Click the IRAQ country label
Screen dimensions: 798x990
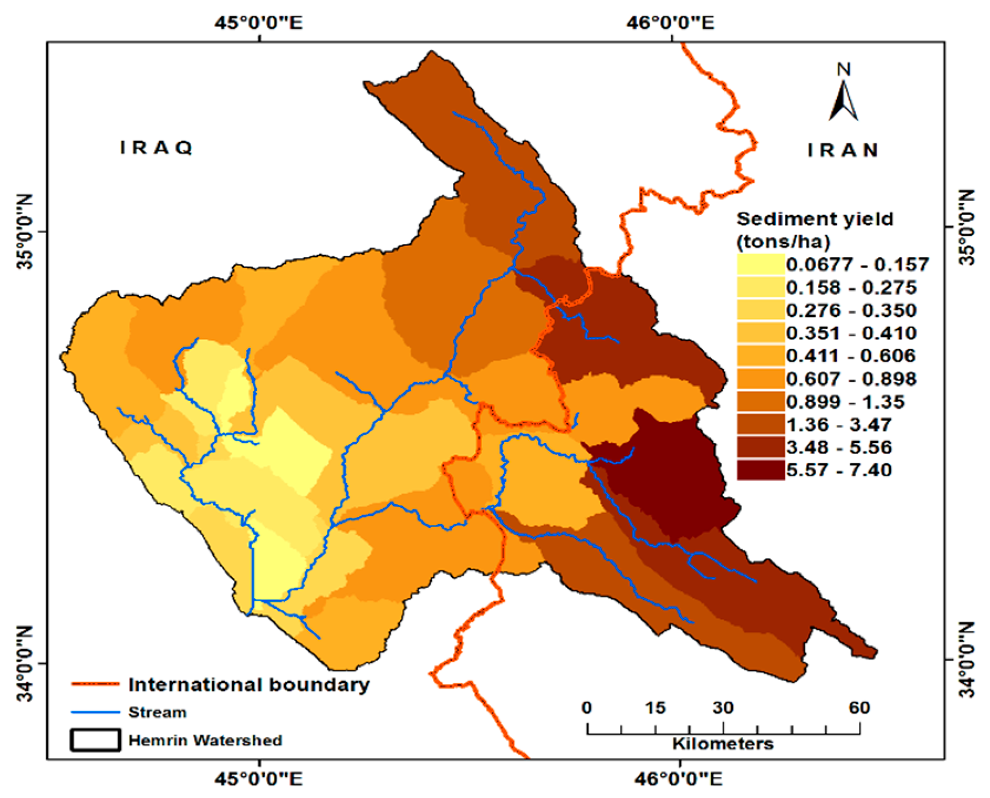click(157, 148)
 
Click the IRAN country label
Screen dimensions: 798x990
click(843, 150)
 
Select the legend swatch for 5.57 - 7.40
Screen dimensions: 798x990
click(760, 470)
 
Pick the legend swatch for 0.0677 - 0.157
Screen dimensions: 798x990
click(760, 264)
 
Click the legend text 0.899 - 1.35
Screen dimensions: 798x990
click(845, 401)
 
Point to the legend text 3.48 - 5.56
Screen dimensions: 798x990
click(839, 447)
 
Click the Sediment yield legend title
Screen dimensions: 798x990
click(815, 219)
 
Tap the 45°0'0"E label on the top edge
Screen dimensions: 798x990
click(259, 23)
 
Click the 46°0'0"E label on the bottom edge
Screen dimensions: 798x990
click(679, 779)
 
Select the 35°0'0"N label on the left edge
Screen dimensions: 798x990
click(25, 232)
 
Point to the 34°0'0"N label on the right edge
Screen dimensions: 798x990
click(966, 660)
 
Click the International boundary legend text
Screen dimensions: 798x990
click(249, 685)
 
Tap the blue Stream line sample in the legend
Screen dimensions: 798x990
click(95, 712)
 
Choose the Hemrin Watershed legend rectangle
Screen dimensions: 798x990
click(95, 740)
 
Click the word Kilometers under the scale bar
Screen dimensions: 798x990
click(722, 744)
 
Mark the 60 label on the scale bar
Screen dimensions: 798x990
click(859, 707)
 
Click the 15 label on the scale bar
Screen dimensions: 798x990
click(655, 707)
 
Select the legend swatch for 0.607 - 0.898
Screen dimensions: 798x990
click(760, 379)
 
